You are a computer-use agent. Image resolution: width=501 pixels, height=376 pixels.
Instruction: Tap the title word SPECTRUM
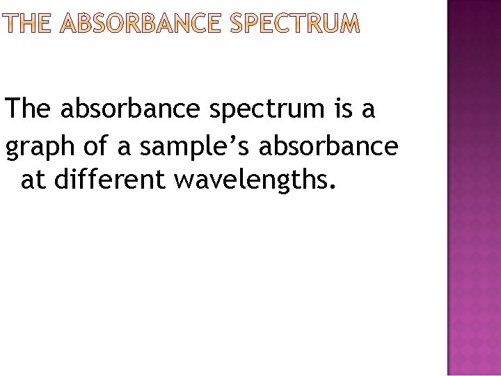[x=295, y=26]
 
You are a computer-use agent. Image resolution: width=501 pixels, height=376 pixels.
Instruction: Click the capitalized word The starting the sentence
[x=29, y=110]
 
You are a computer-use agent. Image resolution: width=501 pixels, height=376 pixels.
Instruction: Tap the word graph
[x=38, y=148]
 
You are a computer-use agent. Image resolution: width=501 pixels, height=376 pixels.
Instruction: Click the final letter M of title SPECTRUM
[x=350, y=26]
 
